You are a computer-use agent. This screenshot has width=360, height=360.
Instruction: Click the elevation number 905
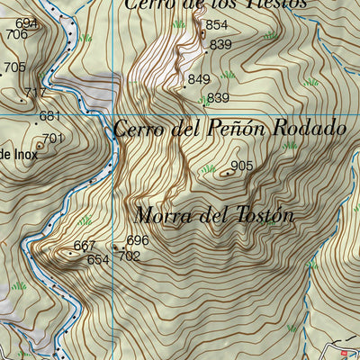(x=241, y=166)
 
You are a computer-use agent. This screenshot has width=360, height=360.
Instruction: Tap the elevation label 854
(x=216, y=25)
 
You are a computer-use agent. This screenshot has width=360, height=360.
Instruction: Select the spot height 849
(x=199, y=80)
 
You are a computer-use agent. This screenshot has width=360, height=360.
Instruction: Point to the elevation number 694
(x=27, y=23)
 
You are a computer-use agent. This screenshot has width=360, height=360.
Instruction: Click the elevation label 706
(x=16, y=35)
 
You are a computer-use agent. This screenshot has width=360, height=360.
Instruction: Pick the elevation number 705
(x=14, y=67)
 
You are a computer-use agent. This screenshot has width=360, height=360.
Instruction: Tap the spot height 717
(x=36, y=93)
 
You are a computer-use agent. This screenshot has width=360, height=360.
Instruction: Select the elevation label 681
(x=49, y=116)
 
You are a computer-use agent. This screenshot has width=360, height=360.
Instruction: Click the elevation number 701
(x=53, y=138)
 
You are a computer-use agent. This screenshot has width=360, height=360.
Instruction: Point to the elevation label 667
(x=84, y=246)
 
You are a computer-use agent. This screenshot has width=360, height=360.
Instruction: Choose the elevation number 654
(x=97, y=259)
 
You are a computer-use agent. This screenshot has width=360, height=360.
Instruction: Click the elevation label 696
(x=137, y=240)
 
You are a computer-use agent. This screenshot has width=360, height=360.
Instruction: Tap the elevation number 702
(x=130, y=256)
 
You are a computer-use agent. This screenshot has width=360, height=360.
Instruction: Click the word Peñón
(x=230, y=129)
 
